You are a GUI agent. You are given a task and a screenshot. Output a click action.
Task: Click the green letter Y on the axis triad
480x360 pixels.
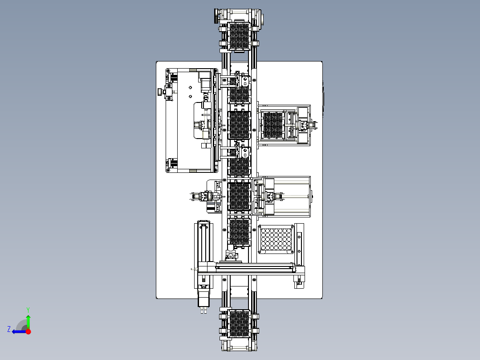28,310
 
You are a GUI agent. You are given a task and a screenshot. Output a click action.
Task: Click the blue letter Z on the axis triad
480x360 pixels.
9,329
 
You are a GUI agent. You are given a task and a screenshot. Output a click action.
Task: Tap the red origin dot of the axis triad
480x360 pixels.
28,331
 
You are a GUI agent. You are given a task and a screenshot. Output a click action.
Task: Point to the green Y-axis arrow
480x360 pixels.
28,322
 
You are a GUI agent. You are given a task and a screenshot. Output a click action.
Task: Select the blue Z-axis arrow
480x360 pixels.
19,331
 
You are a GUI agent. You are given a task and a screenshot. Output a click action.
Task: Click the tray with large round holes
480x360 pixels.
276,239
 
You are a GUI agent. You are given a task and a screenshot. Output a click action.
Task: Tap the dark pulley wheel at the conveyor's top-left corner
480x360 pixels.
216,16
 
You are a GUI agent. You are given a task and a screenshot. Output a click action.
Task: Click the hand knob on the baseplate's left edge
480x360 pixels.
160,92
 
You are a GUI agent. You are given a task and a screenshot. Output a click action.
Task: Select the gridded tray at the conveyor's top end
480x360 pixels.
239,36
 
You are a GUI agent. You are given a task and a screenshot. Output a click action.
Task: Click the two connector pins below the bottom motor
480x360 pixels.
203,310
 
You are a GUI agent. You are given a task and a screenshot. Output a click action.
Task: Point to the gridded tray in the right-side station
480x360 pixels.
273,125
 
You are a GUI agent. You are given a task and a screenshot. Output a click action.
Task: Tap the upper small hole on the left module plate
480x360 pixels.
191,88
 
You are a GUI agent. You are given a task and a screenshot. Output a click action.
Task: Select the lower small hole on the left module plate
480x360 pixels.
191,97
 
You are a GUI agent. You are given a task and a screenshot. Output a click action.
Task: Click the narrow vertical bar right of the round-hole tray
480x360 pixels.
299,244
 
